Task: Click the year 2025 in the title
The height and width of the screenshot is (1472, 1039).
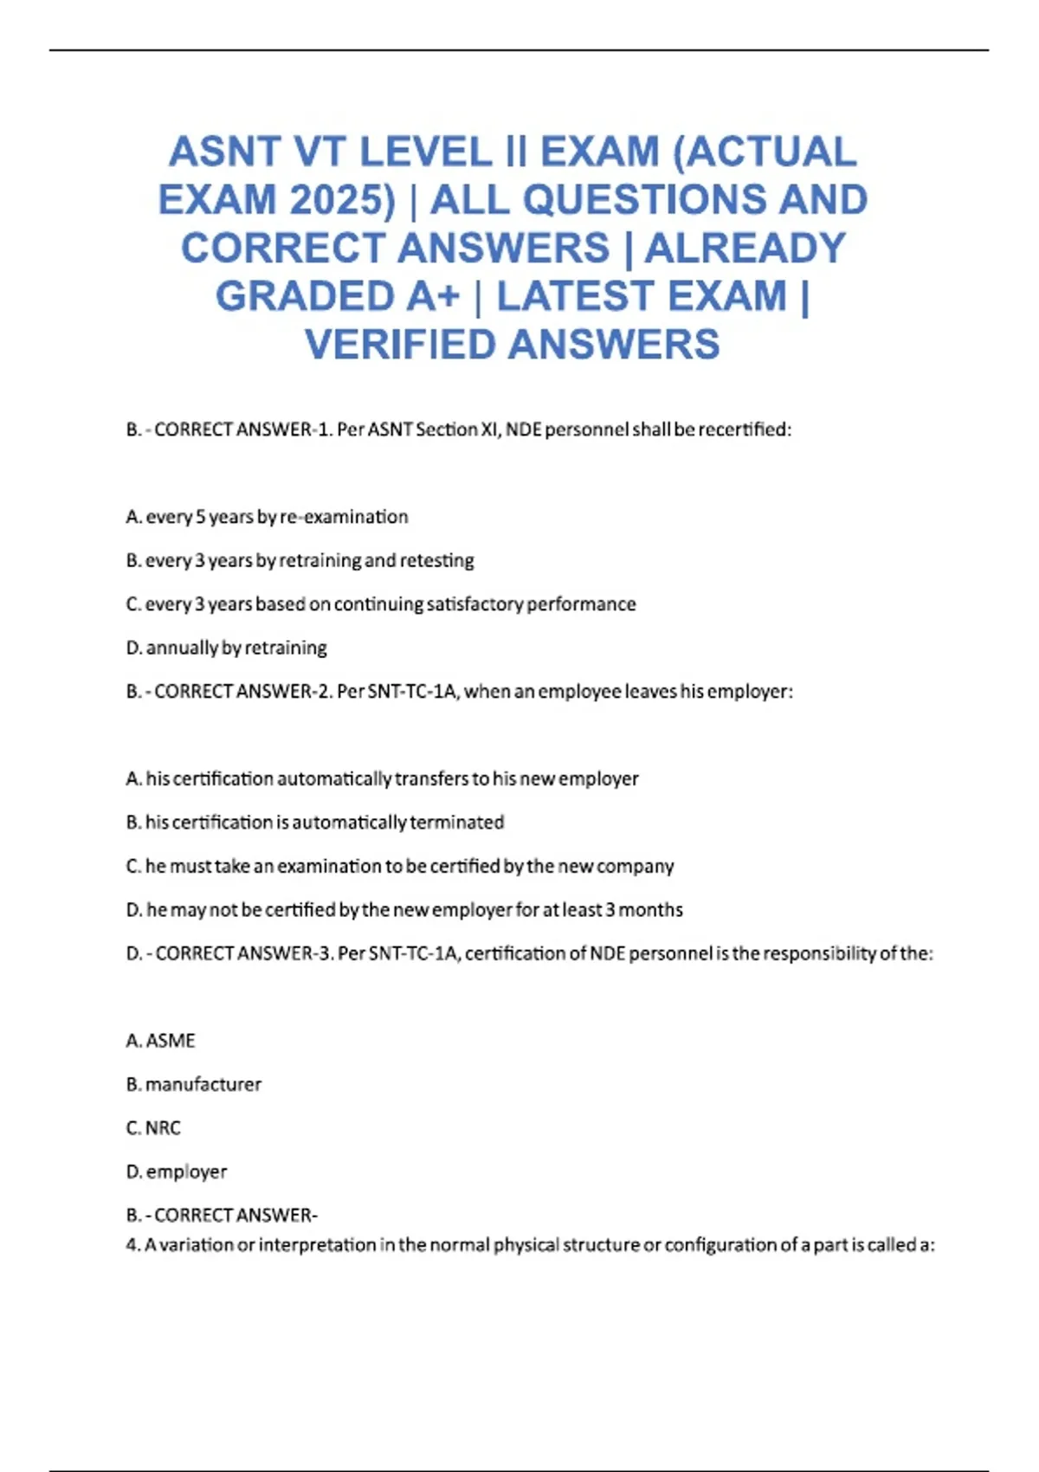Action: pos(342,200)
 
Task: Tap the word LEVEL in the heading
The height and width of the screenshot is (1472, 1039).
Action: pos(425,152)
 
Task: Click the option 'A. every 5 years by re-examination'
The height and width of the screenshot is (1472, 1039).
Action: pos(267,517)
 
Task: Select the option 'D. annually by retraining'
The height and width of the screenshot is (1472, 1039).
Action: pos(226,648)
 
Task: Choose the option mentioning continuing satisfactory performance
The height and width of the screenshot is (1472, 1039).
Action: pos(381,604)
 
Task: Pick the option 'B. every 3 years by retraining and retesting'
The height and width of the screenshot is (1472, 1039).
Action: pos(300,561)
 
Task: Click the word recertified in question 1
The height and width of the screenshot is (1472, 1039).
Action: pos(744,429)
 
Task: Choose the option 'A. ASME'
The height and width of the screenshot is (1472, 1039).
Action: pos(160,1041)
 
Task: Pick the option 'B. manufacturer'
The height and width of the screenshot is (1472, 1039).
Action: pos(193,1084)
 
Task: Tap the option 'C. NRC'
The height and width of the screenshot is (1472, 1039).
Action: pos(153,1128)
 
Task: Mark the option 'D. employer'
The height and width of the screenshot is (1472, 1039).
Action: pos(177,1172)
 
